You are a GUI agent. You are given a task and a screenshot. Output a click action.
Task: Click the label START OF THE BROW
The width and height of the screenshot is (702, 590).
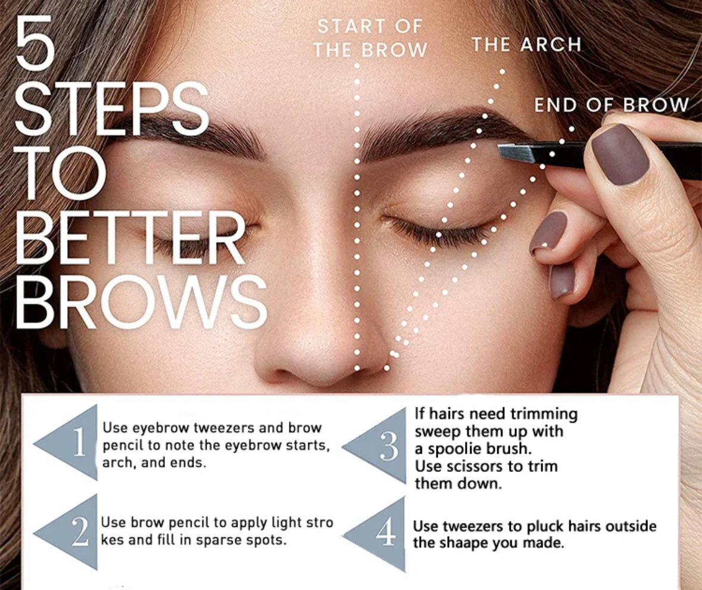(x=370, y=38)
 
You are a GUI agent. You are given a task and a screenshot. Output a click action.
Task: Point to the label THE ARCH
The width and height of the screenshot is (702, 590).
(x=526, y=44)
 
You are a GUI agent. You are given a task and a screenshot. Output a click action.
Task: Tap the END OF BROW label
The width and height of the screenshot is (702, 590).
(x=611, y=105)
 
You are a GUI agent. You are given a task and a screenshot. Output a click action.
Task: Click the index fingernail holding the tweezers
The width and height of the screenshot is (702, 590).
(x=619, y=154)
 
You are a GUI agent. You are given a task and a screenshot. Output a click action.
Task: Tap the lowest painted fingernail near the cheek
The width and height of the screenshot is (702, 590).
(x=562, y=280)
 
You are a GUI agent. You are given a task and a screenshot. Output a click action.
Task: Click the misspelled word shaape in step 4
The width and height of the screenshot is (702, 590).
(x=466, y=544)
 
